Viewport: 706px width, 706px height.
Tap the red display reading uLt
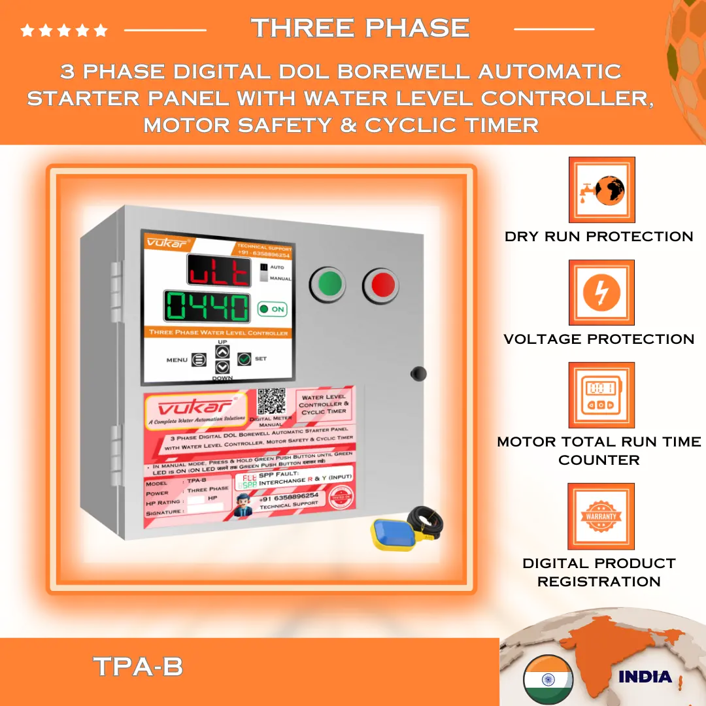coord(218,270)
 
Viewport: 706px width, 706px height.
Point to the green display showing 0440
coord(207,306)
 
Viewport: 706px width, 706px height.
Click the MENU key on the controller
coord(199,360)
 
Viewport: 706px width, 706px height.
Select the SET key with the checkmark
coord(244,358)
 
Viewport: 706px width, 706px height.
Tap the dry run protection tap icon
coord(601,190)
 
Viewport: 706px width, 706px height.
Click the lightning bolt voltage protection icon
coord(601,292)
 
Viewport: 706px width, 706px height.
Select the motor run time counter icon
coord(601,395)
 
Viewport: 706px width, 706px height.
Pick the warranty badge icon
coord(601,516)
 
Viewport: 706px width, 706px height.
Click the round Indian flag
coord(548,679)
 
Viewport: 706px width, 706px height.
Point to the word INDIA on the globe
coord(645,677)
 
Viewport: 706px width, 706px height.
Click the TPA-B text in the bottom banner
coord(138,667)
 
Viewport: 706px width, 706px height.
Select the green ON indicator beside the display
coord(271,309)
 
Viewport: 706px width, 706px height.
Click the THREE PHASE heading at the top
coord(360,28)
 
